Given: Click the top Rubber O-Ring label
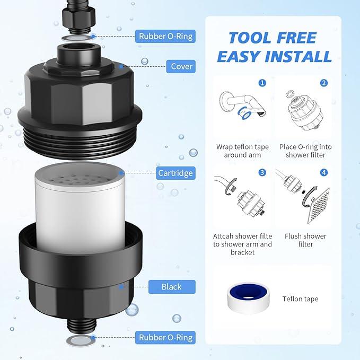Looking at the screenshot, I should (x=165, y=37).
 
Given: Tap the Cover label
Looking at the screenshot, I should (x=181, y=67).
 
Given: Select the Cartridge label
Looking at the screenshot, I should (x=175, y=173).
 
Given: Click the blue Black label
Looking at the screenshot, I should (x=171, y=287).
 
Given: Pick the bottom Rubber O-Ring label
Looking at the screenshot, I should (x=165, y=337).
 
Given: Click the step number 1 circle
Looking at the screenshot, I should (x=262, y=83).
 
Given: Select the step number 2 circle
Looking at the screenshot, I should (x=323, y=83).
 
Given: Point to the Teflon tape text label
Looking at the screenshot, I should (x=300, y=299).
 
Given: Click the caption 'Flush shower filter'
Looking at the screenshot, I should (x=305, y=240).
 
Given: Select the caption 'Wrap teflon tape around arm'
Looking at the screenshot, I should (x=242, y=151).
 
